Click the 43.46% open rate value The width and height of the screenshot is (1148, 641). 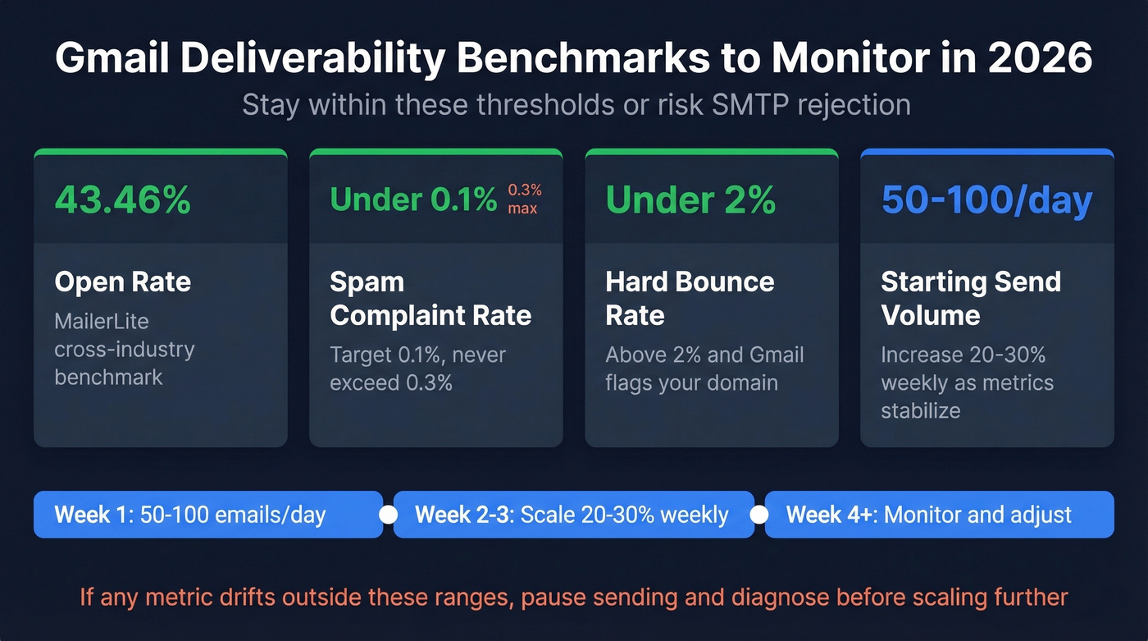122,200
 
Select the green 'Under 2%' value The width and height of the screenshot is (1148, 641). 690,200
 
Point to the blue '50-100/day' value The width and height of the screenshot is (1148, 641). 986,200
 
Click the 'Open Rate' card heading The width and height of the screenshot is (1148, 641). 122,282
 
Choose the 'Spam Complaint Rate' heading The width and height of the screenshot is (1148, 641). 430,299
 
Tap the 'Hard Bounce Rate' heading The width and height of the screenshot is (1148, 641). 690,299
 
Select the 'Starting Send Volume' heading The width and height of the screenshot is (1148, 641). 971,299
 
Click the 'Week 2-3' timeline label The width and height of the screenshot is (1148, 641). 463,515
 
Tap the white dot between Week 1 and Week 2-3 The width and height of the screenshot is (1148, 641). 389,515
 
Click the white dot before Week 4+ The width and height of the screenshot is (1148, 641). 759,515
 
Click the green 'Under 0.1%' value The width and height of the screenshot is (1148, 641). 413,200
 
